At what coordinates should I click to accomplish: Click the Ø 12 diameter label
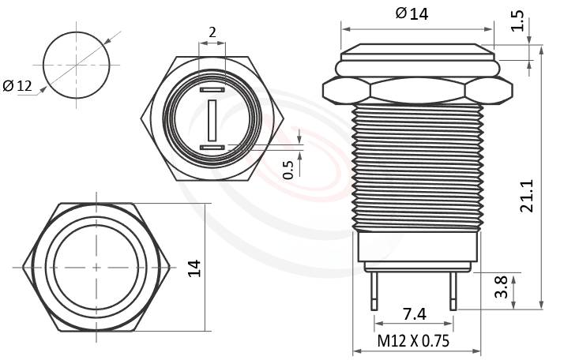coord(17,86)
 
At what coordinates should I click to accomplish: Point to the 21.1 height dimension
coord(527,196)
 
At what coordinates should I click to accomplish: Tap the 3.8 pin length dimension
coord(501,287)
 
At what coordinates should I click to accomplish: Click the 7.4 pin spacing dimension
coord(414,314)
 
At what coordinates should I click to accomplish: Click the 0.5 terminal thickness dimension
coord(288,169)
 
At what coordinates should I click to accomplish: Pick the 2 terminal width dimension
coord(212,32)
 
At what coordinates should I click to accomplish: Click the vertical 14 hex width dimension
coord(194,267)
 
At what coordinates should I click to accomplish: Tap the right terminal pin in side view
coord(453,291)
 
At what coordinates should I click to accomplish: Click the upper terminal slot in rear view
coord(212,91)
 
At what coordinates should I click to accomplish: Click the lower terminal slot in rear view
coord(212,148)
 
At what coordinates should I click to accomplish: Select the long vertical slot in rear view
coord(212,119)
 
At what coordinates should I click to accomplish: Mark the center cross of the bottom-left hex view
coord(96,267)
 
